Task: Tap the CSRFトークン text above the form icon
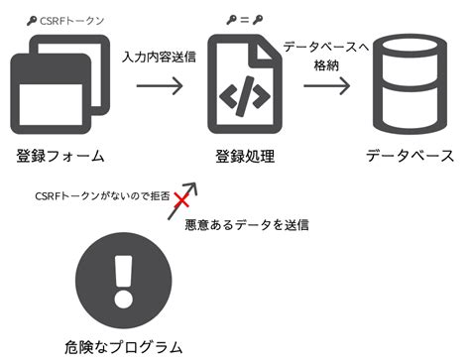coord(71,19)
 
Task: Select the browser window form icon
coord(57,87)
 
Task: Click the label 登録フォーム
coord(60,156)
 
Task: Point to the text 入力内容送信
coord(159,57)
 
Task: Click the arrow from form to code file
coord(159,86)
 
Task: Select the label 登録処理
coord(245,157)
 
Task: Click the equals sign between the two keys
coord(244,19)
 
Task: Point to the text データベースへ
coord(326,47)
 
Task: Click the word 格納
coord(326,64)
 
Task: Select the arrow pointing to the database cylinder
coord(326,86)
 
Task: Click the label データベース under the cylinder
coord(410,156)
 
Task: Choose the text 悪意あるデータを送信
coord(247,224)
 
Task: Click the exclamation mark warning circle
coord(122,282)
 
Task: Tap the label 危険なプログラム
coord(123,347)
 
